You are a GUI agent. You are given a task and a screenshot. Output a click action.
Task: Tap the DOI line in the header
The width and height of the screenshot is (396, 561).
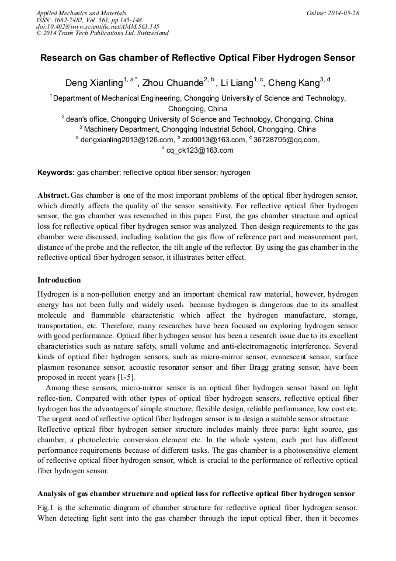[x=97, y=26]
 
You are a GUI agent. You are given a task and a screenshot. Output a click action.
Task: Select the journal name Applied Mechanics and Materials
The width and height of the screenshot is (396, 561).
[x=81, y=13]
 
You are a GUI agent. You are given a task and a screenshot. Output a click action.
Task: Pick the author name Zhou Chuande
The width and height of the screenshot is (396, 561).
[x=173, y=84]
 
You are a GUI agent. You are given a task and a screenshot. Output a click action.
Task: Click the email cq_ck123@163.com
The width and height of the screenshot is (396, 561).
[x=200, y=150]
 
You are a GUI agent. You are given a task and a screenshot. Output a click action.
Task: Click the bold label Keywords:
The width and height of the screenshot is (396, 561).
[x=56, y=173]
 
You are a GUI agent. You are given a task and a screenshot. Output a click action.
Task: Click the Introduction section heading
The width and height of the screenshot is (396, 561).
[x=59, y=280]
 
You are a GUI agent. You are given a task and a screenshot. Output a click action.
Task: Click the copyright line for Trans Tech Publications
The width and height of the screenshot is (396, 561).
[x=102, y=33]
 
